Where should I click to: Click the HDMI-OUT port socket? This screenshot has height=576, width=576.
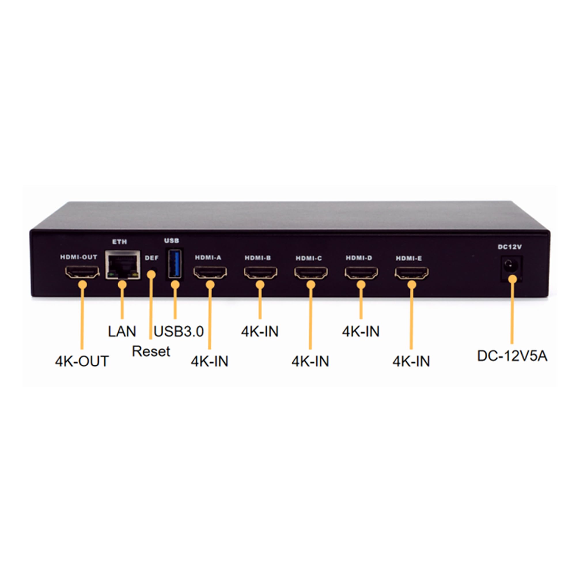tap(82, 272)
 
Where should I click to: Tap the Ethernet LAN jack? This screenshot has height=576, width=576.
tap(122, 265)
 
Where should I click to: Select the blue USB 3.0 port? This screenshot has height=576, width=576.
tap(175, 264)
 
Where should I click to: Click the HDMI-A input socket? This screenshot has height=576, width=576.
tap(210, 272)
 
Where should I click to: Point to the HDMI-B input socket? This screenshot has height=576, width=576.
tap(260, 272)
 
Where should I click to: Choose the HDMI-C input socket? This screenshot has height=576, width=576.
tap(311, 273)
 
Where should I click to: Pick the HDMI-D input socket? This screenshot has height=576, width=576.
tap(361, 273)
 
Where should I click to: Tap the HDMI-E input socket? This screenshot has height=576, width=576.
tap(412, 273)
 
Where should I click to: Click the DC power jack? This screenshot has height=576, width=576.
tap(511, 265)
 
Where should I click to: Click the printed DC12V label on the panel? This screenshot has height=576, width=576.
tap(510, 247)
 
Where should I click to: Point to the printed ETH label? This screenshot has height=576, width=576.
tap(120, 242)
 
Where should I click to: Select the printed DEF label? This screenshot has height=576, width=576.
tap(152, 258)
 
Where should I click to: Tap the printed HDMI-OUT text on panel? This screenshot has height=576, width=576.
tap(79, 257)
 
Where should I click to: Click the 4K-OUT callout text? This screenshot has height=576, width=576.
tap(82, 361)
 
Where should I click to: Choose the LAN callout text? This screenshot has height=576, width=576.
tap(122, 331)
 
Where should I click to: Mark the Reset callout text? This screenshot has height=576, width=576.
tap(151, 351)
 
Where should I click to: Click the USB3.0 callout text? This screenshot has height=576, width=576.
tap(179, 331)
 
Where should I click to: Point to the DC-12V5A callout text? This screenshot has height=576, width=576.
tap(512, 356)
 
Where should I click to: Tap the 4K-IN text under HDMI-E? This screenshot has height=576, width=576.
tap(411, 361)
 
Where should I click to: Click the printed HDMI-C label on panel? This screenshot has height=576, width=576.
tap(309, 258)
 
